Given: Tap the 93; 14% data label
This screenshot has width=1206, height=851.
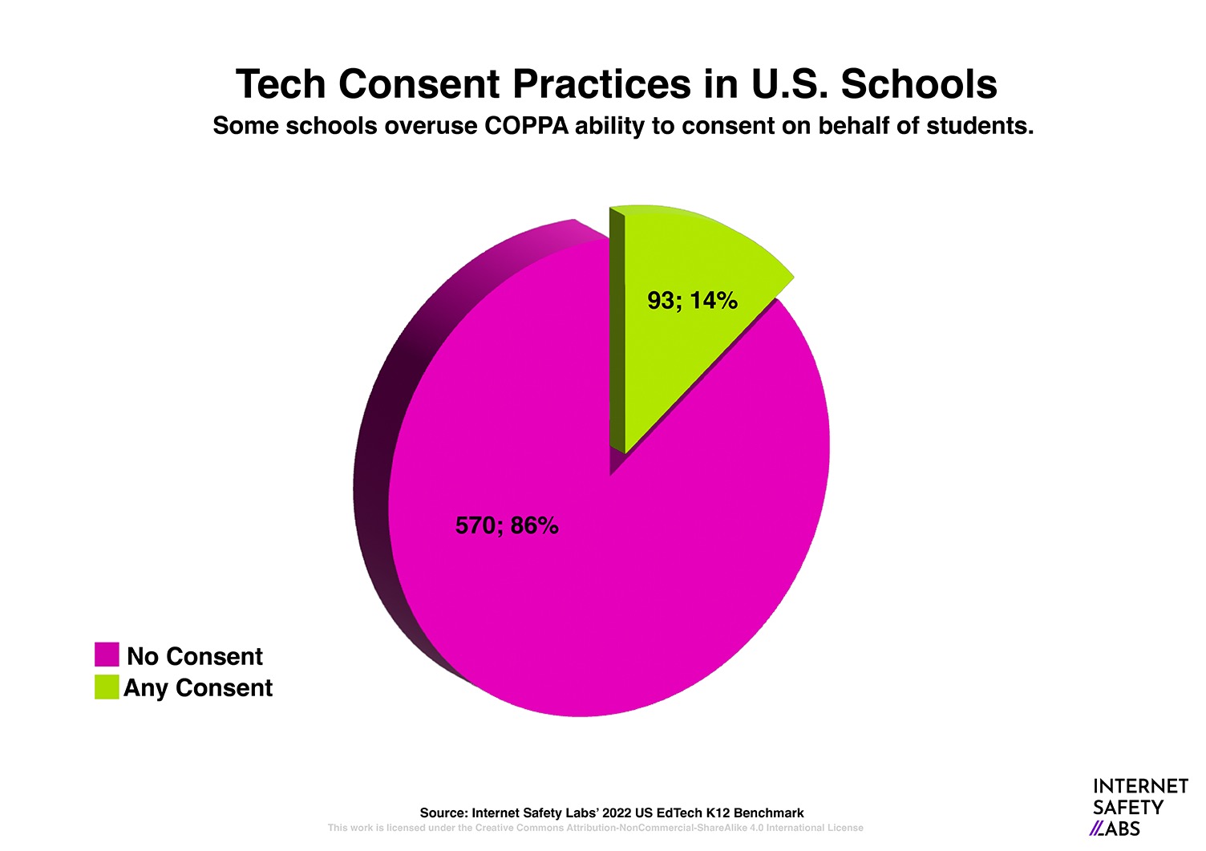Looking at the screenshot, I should click(x=692, y=301).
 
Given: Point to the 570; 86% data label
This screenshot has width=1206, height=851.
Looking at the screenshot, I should click(x=507, y=525).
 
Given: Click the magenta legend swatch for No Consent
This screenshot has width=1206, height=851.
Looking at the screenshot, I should click(x=107, y=654).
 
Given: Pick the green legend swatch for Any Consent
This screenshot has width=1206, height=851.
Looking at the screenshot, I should click(x=107, y=687).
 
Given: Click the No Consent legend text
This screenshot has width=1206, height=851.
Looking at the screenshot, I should click(x=195, y=656).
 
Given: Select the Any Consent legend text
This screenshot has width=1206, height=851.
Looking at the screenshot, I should click(x=198, y=688).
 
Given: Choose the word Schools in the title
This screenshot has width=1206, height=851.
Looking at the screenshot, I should click(x=919, y=84).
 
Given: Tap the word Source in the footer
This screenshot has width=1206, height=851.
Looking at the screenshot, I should click(x=443, y=813).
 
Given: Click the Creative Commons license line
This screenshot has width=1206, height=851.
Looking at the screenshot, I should click(x=595, y=828).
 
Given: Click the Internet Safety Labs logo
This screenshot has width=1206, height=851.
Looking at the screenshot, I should click(x=1139, y=807).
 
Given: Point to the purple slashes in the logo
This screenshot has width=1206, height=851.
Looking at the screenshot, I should click(x=1097, y=829).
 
